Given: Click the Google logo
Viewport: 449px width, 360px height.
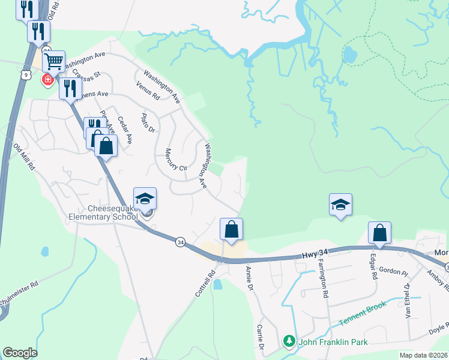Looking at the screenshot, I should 20,353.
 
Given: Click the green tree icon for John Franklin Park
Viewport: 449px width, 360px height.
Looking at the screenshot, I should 289,341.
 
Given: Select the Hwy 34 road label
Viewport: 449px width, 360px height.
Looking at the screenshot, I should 313,257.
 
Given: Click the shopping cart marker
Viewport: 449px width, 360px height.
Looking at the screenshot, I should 54,61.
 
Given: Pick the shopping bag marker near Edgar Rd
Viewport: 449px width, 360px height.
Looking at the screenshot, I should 379,233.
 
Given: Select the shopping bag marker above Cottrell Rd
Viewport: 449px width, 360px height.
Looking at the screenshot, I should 232,229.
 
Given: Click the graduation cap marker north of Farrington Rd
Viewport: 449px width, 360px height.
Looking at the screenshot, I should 340,205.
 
